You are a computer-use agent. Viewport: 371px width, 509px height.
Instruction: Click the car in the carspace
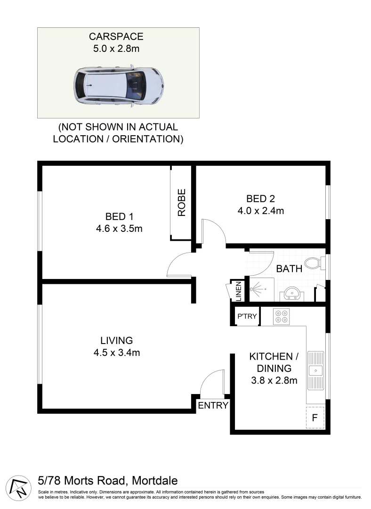(119, 85)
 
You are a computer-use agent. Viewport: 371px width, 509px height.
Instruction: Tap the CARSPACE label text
(118, 36)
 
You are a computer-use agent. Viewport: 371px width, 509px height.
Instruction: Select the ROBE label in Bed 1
(182, 202)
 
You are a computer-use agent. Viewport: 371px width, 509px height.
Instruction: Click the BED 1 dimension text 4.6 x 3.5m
(119, 229)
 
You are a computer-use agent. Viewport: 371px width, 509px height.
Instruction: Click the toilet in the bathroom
(313, 263)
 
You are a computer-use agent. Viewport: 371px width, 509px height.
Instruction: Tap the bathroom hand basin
(292, 294)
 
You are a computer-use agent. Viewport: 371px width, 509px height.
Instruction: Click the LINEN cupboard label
(238, 292)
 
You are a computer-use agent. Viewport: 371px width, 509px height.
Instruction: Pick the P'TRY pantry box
(247, 316)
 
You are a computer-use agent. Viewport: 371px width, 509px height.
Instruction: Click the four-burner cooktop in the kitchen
(282, 316)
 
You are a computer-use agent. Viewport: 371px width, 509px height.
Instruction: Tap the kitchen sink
(315, 370)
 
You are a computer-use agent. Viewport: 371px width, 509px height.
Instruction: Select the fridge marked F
(315, 418)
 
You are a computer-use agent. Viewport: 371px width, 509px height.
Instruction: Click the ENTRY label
(213, 405)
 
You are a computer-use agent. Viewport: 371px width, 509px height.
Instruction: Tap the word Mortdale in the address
(155, 481)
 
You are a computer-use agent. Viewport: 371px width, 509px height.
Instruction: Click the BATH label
(289, 269)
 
